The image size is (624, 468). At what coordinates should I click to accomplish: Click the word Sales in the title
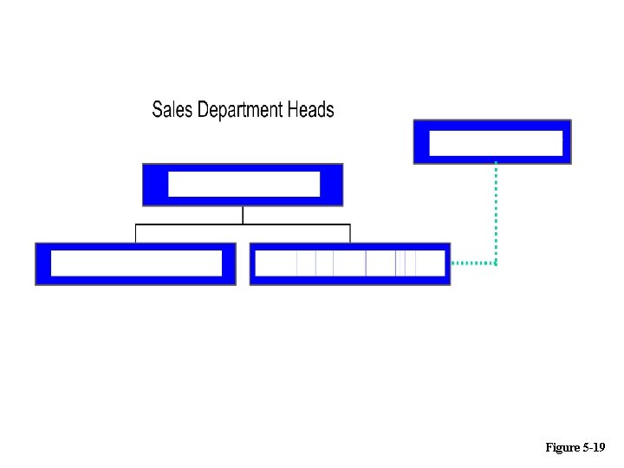coord(172,110)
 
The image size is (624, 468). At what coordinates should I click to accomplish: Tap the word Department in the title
coord(240,110)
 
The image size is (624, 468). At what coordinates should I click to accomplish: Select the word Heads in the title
coord(310,110)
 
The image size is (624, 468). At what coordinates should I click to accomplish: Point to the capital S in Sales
coord(157,110)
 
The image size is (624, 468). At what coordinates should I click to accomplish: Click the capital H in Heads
coord(292,110)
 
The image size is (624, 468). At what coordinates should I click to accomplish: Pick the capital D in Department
coord(203,110)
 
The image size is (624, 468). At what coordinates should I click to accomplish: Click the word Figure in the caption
coord(562,447)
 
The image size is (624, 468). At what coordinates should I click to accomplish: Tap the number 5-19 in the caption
coord(594,447)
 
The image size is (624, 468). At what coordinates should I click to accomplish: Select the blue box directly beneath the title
coord(243,185)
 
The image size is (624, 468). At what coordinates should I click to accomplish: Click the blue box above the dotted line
coord(492,141)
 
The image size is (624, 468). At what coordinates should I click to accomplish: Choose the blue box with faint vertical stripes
coord(350,263)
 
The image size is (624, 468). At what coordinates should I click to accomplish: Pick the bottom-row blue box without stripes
coord(135,263)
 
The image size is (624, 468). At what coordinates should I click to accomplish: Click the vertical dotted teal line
coord(496,212)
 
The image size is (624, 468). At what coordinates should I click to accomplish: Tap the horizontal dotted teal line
coord(473,263)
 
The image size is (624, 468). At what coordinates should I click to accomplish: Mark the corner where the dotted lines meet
coord(496,263)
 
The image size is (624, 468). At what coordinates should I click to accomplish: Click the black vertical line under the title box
coord(243,215)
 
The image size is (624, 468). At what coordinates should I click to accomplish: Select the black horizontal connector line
coord(191,224)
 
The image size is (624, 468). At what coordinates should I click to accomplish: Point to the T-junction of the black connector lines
coord(243,224)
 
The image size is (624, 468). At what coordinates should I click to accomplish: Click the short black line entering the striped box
coord(350,233)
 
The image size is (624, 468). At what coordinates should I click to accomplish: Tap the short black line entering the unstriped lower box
coord(135,233)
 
